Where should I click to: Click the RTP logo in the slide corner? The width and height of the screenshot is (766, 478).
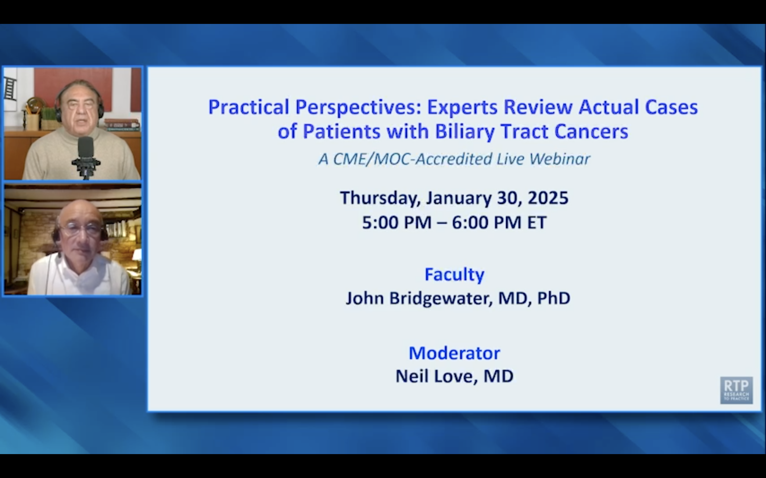(x=736, y=390)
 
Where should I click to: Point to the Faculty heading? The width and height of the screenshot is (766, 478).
(x=454, y=274)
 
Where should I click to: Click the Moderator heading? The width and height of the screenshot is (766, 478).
(x=454, y=353)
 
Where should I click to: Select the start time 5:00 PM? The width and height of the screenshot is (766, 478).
(x=397, y=222)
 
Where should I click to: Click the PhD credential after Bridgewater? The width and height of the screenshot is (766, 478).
(x=553, y=298)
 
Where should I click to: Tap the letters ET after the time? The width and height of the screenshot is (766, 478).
(x=537, y=222)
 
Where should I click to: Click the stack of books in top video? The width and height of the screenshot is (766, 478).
(x=122, y=125)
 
